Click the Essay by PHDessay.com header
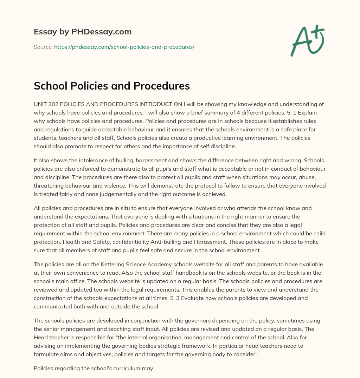pos(83,32)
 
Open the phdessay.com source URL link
pos(124,47)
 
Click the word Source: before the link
pos(43,47)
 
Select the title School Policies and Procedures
pos(111,86)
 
